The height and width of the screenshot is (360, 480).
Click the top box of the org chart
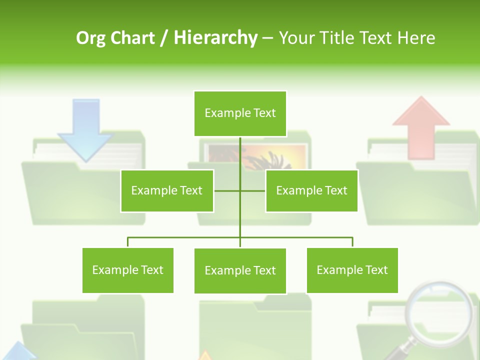click(x=240, y=113)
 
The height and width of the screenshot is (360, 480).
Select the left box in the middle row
click(x=167, y=190)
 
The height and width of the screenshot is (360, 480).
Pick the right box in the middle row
click(x=311, y=190)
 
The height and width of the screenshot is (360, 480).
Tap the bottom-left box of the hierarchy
click(x=128, y=270)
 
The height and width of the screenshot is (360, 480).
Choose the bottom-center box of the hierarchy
click(x=240, y=270)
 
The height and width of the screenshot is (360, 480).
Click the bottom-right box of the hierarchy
click(x=352, y=270)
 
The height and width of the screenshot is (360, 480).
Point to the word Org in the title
click(x=91, y=38)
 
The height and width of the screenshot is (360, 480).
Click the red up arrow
click(x=421, y=125)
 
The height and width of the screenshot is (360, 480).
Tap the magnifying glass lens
click(x=438, y=310)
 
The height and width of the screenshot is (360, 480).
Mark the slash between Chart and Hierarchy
click(x=163, y=38)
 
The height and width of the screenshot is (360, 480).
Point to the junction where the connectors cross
click(x=240, y=190)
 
